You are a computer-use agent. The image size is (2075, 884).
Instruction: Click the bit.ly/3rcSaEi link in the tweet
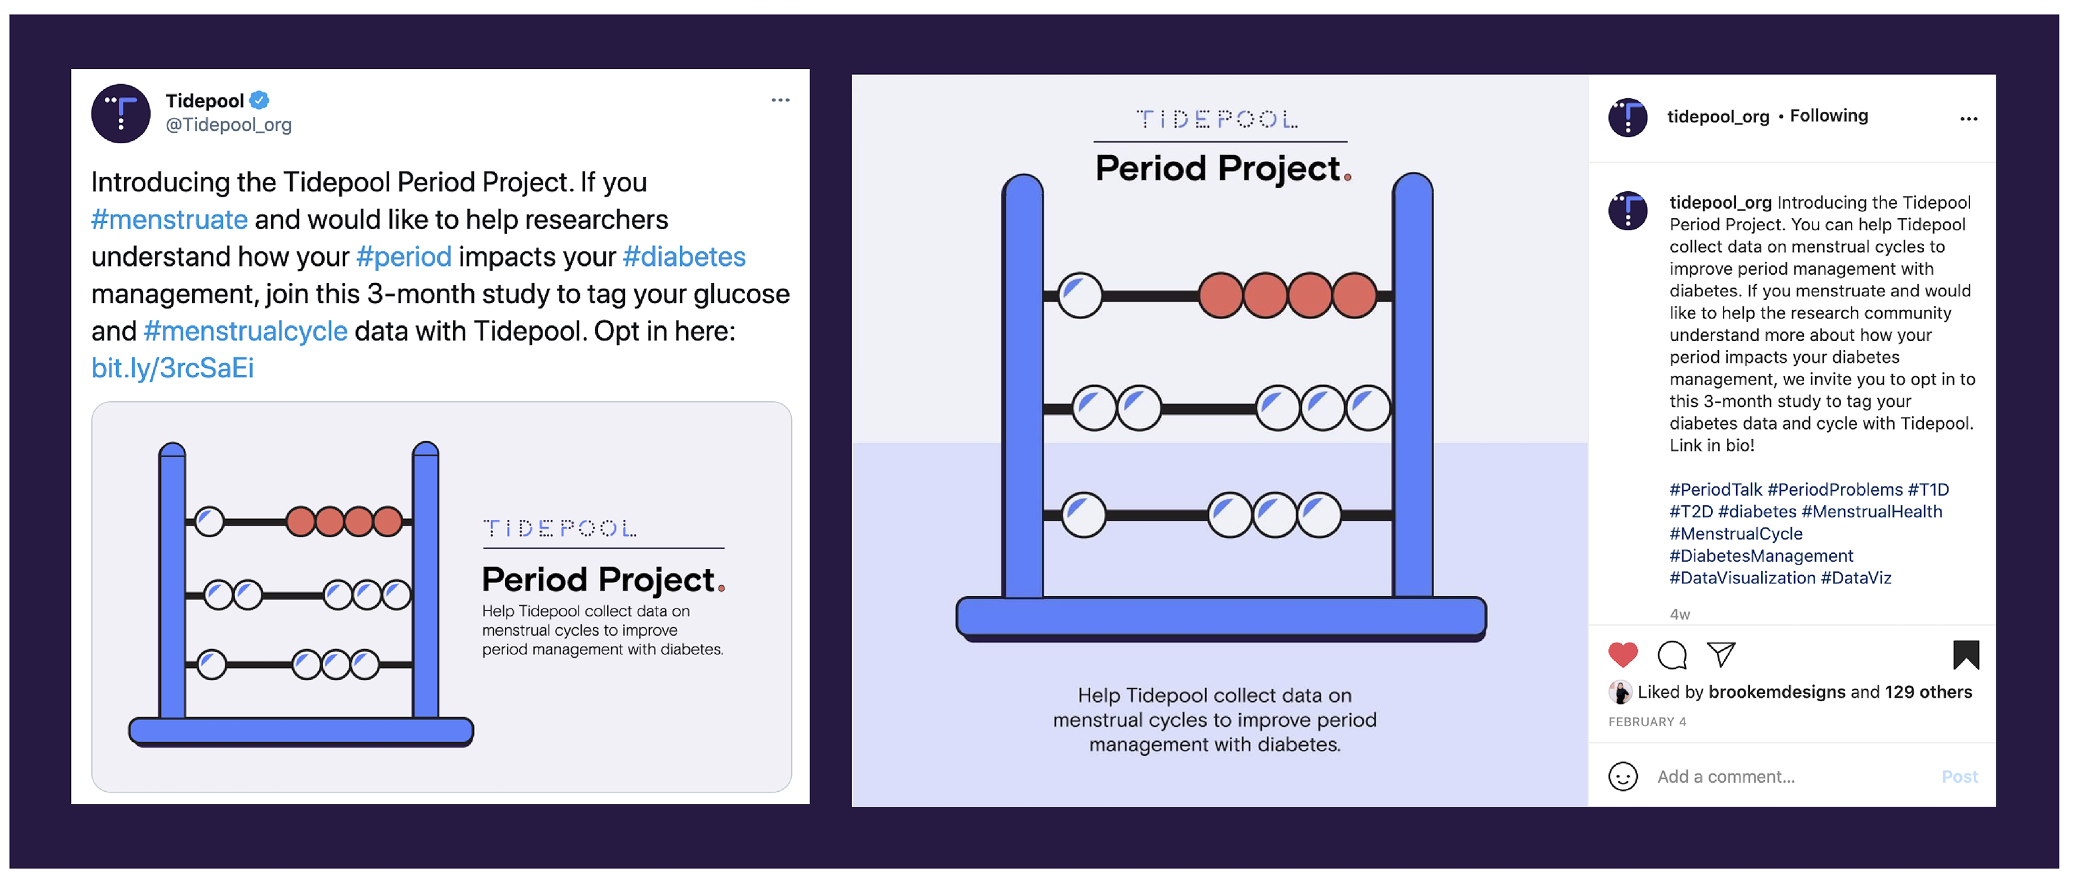(x=172, y=368)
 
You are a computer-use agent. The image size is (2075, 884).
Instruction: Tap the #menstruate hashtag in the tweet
(x=169, y=219)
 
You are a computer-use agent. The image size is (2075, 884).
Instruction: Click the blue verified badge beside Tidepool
(x=259, y=101)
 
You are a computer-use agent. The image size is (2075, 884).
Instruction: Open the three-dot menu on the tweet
(x=780, y=100)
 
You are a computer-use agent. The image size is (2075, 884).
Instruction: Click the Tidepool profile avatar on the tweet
(x=121, y=114)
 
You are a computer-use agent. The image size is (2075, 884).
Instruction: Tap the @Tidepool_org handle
(x=229, y=125)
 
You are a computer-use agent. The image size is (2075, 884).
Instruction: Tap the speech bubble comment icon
(x=1672, y=654)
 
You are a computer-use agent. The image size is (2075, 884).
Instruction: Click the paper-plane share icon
(x=1722, y=654)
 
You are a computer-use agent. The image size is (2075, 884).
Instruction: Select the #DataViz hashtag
(x=1856, y=578)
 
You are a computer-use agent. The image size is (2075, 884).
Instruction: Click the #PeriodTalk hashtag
(x=1716, y=489)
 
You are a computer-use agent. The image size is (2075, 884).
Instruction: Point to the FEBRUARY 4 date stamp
(x=1646, y=722)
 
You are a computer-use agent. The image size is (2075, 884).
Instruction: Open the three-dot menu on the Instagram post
(x=1969, y=118)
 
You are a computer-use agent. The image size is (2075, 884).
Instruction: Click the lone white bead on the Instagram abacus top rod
(x=1080, y=295)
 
